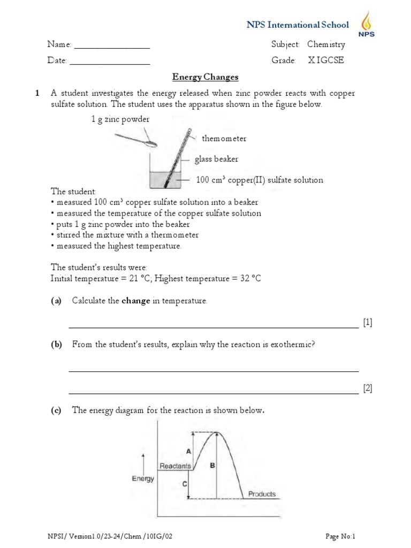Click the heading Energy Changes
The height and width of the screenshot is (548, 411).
[205, 77]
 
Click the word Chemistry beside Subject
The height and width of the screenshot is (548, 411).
[326, 44]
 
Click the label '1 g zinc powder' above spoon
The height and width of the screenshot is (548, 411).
[120, 119]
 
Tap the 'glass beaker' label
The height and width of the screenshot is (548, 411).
[216, 159]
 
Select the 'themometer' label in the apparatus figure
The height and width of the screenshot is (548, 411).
[224, 139]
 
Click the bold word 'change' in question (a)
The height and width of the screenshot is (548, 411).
[136, 301]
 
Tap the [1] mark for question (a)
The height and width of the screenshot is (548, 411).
[367, 322]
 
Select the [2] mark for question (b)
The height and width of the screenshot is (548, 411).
[367, 389]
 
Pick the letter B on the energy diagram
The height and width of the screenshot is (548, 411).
[212, 466]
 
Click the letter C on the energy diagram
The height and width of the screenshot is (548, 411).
[184, 484]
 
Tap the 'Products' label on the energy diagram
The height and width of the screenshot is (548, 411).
[262, 494]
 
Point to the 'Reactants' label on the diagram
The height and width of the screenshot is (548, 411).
[175, 466]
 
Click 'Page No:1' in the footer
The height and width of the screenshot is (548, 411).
[341, 536]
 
